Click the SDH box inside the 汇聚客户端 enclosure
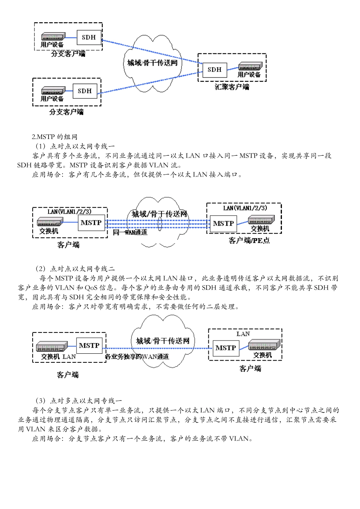[x=214, y=70]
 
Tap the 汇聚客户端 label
[x=232, y=87]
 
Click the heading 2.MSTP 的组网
[x=55, y=137]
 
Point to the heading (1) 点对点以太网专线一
[x=75, y=146]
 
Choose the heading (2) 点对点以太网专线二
[x=75, y=269]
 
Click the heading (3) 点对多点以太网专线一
[x=79, y=401]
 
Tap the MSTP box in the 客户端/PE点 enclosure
[x=223, y=223]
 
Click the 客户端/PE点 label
[x=249, y=240]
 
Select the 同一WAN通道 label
[x=130, y=232]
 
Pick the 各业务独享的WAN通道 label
[x=137, y=356]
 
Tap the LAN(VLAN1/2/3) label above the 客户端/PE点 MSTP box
[x=245, y=208]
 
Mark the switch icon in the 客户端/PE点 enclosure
[x=261, y=220]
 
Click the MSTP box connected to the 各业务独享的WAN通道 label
[x=89, y=345]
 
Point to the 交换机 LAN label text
[x=58, y=357]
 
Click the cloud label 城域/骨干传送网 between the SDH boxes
[x=152, y=62]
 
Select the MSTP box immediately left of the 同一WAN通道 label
[x=91, y=223]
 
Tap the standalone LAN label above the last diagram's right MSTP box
[x=243, y=334]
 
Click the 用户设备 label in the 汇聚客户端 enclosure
[x=249, y=75]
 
